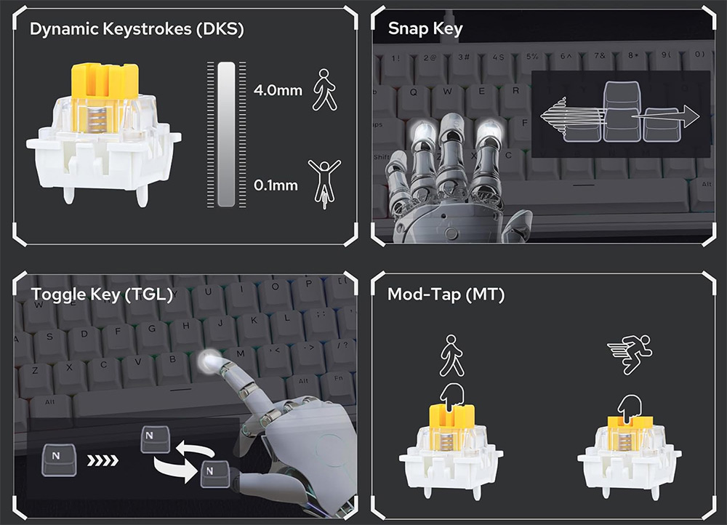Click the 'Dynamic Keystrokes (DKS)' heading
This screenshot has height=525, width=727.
coord(137,29)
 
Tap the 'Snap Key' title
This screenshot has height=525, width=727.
coord(425,29)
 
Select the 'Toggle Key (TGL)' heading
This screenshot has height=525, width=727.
coord(102,294)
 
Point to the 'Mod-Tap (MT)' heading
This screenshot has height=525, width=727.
coord(446,294)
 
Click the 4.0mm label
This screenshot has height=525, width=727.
coord(278,90)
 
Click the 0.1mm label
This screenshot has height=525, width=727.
coord(276,185)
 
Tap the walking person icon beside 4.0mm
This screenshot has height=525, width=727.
coord(324,90)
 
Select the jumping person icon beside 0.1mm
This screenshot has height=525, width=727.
coord(324,184)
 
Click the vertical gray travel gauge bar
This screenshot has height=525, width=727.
coord(226,134)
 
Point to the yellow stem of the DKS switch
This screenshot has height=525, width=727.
coord(105,81)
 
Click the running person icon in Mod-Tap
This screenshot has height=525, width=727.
coord(630,354)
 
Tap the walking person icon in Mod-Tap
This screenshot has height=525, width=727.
coord(451,356)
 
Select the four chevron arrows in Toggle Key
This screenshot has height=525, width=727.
coord(103,460)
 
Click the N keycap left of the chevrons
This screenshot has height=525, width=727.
coord(59,460)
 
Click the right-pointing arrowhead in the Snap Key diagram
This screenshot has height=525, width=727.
coord(691,116)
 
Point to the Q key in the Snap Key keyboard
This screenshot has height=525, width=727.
coord(413,92)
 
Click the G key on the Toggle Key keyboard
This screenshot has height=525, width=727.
coord(152,329)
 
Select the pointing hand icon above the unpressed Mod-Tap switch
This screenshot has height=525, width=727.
coord(451,397)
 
